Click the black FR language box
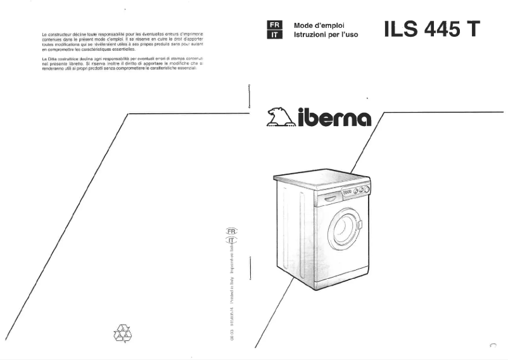[274, 25]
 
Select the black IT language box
[274, 35]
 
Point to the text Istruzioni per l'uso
[326, 35]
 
